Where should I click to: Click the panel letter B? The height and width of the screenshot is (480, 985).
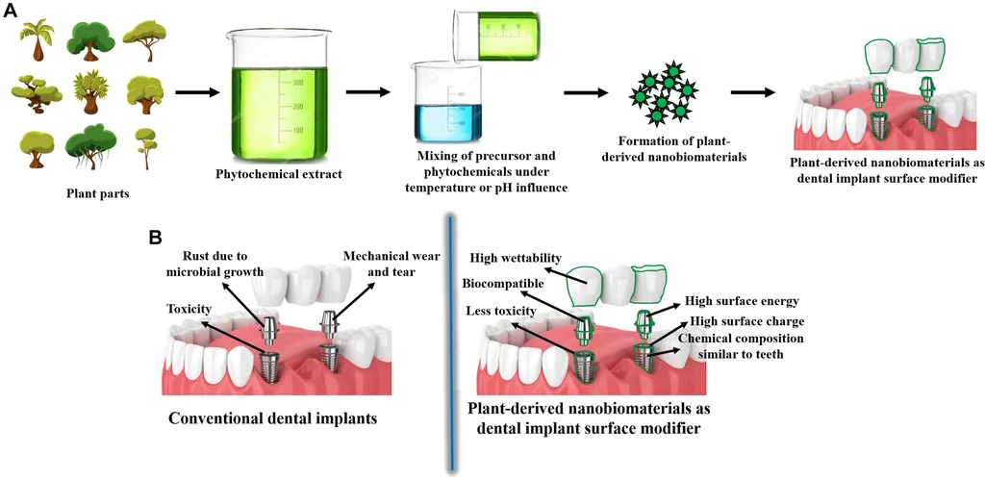click(x=155, y=235)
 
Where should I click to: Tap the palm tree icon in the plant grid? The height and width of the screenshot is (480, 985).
click(x=38, y=38)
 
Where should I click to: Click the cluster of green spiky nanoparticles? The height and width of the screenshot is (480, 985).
click(x=660, y=94)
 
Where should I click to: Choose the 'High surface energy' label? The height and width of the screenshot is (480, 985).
click(x=745, y=299)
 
